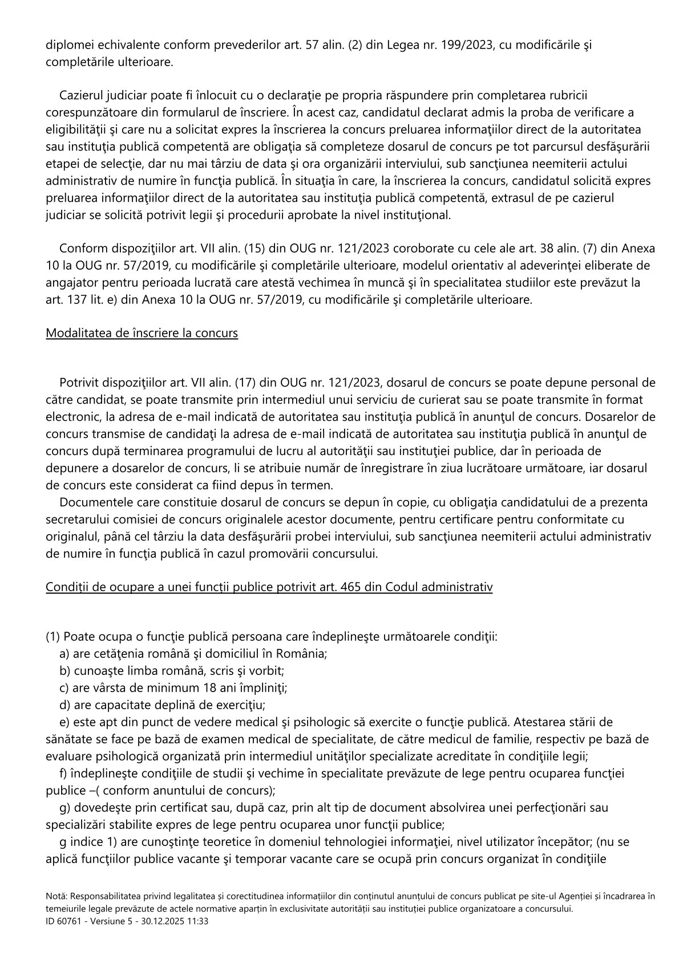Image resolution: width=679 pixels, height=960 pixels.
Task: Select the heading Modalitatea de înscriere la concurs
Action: pyautogui.click(x=142, y=333)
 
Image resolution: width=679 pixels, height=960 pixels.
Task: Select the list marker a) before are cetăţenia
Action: pyautogui.click(x=64, y=653)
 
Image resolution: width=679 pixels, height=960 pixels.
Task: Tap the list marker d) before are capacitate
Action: pyautogui.click(x=64, y=705)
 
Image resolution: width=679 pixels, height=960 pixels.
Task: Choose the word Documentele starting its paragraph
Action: pyautogui.click(x=93, y=502)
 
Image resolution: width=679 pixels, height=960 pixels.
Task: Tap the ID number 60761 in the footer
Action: pyautogui.click(x=68, y=921)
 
